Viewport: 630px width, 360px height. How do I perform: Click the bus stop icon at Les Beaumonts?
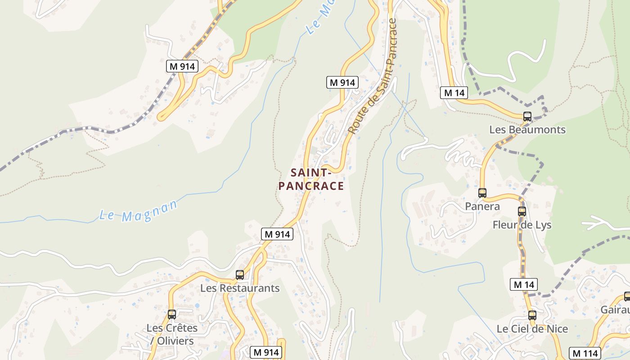tap(527, 117)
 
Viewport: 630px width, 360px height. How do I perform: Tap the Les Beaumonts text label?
tap(527, 130)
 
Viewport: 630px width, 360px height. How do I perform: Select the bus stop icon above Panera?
tap(482, 193)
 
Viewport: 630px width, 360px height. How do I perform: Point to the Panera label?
tap(482, 207)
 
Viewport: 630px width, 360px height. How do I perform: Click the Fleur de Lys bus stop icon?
tap(522, 211)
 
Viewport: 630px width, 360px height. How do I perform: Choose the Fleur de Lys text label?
tap(522, 225)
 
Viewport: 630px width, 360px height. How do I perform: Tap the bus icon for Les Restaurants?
tap(240, 275)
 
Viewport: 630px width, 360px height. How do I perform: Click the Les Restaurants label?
tap(240, 288)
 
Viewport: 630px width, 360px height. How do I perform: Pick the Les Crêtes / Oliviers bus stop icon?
tap(172, 315)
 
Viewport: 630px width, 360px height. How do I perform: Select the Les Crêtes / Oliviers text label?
tap(172, 334)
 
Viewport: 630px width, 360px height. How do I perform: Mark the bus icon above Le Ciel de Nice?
tap(532, 315)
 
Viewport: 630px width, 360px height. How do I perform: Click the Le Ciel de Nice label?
tap(532, 329)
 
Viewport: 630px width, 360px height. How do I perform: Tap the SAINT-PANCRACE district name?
tap(311, 180)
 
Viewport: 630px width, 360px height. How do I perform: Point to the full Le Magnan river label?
tap(139, 211)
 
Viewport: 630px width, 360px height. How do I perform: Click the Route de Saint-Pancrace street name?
tap(373, 76)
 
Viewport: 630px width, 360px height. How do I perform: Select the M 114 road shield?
tap(585, 353)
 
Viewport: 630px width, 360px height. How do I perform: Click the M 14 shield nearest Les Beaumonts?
tap(454, 93)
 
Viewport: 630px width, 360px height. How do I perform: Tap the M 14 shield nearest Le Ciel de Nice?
tap(524, 284)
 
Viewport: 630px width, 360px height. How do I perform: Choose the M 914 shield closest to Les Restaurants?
tap(277, 234)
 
